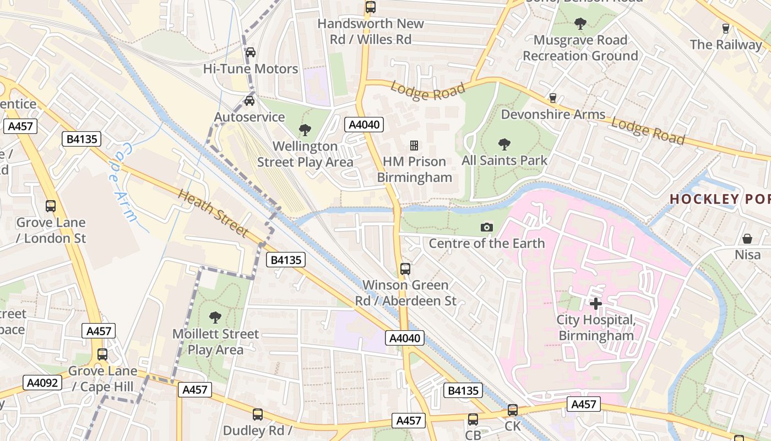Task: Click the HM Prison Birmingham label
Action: pos(414,169)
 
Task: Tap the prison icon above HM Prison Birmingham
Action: pos(414,146)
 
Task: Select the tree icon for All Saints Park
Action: pos(504,144)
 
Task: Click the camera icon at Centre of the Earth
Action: pos(486,227)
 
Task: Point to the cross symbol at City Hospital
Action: pos(595,303)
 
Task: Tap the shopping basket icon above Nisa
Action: pos(747,239)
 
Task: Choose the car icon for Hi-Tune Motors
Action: pos(250,52)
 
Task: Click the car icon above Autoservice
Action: pos(249,101)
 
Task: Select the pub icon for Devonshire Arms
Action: pos(553,98)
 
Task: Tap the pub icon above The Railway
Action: pos(725,28)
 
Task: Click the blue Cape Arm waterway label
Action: pos(122,182)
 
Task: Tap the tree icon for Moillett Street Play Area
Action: pos(215,318)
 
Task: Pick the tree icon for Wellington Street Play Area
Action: pos(305,130)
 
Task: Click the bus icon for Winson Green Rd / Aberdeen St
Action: pos(405,269)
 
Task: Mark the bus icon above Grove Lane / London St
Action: pos(51,206)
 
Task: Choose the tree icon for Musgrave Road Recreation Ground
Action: pos(580,23)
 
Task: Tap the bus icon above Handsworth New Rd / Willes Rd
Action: pos(371,7)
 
